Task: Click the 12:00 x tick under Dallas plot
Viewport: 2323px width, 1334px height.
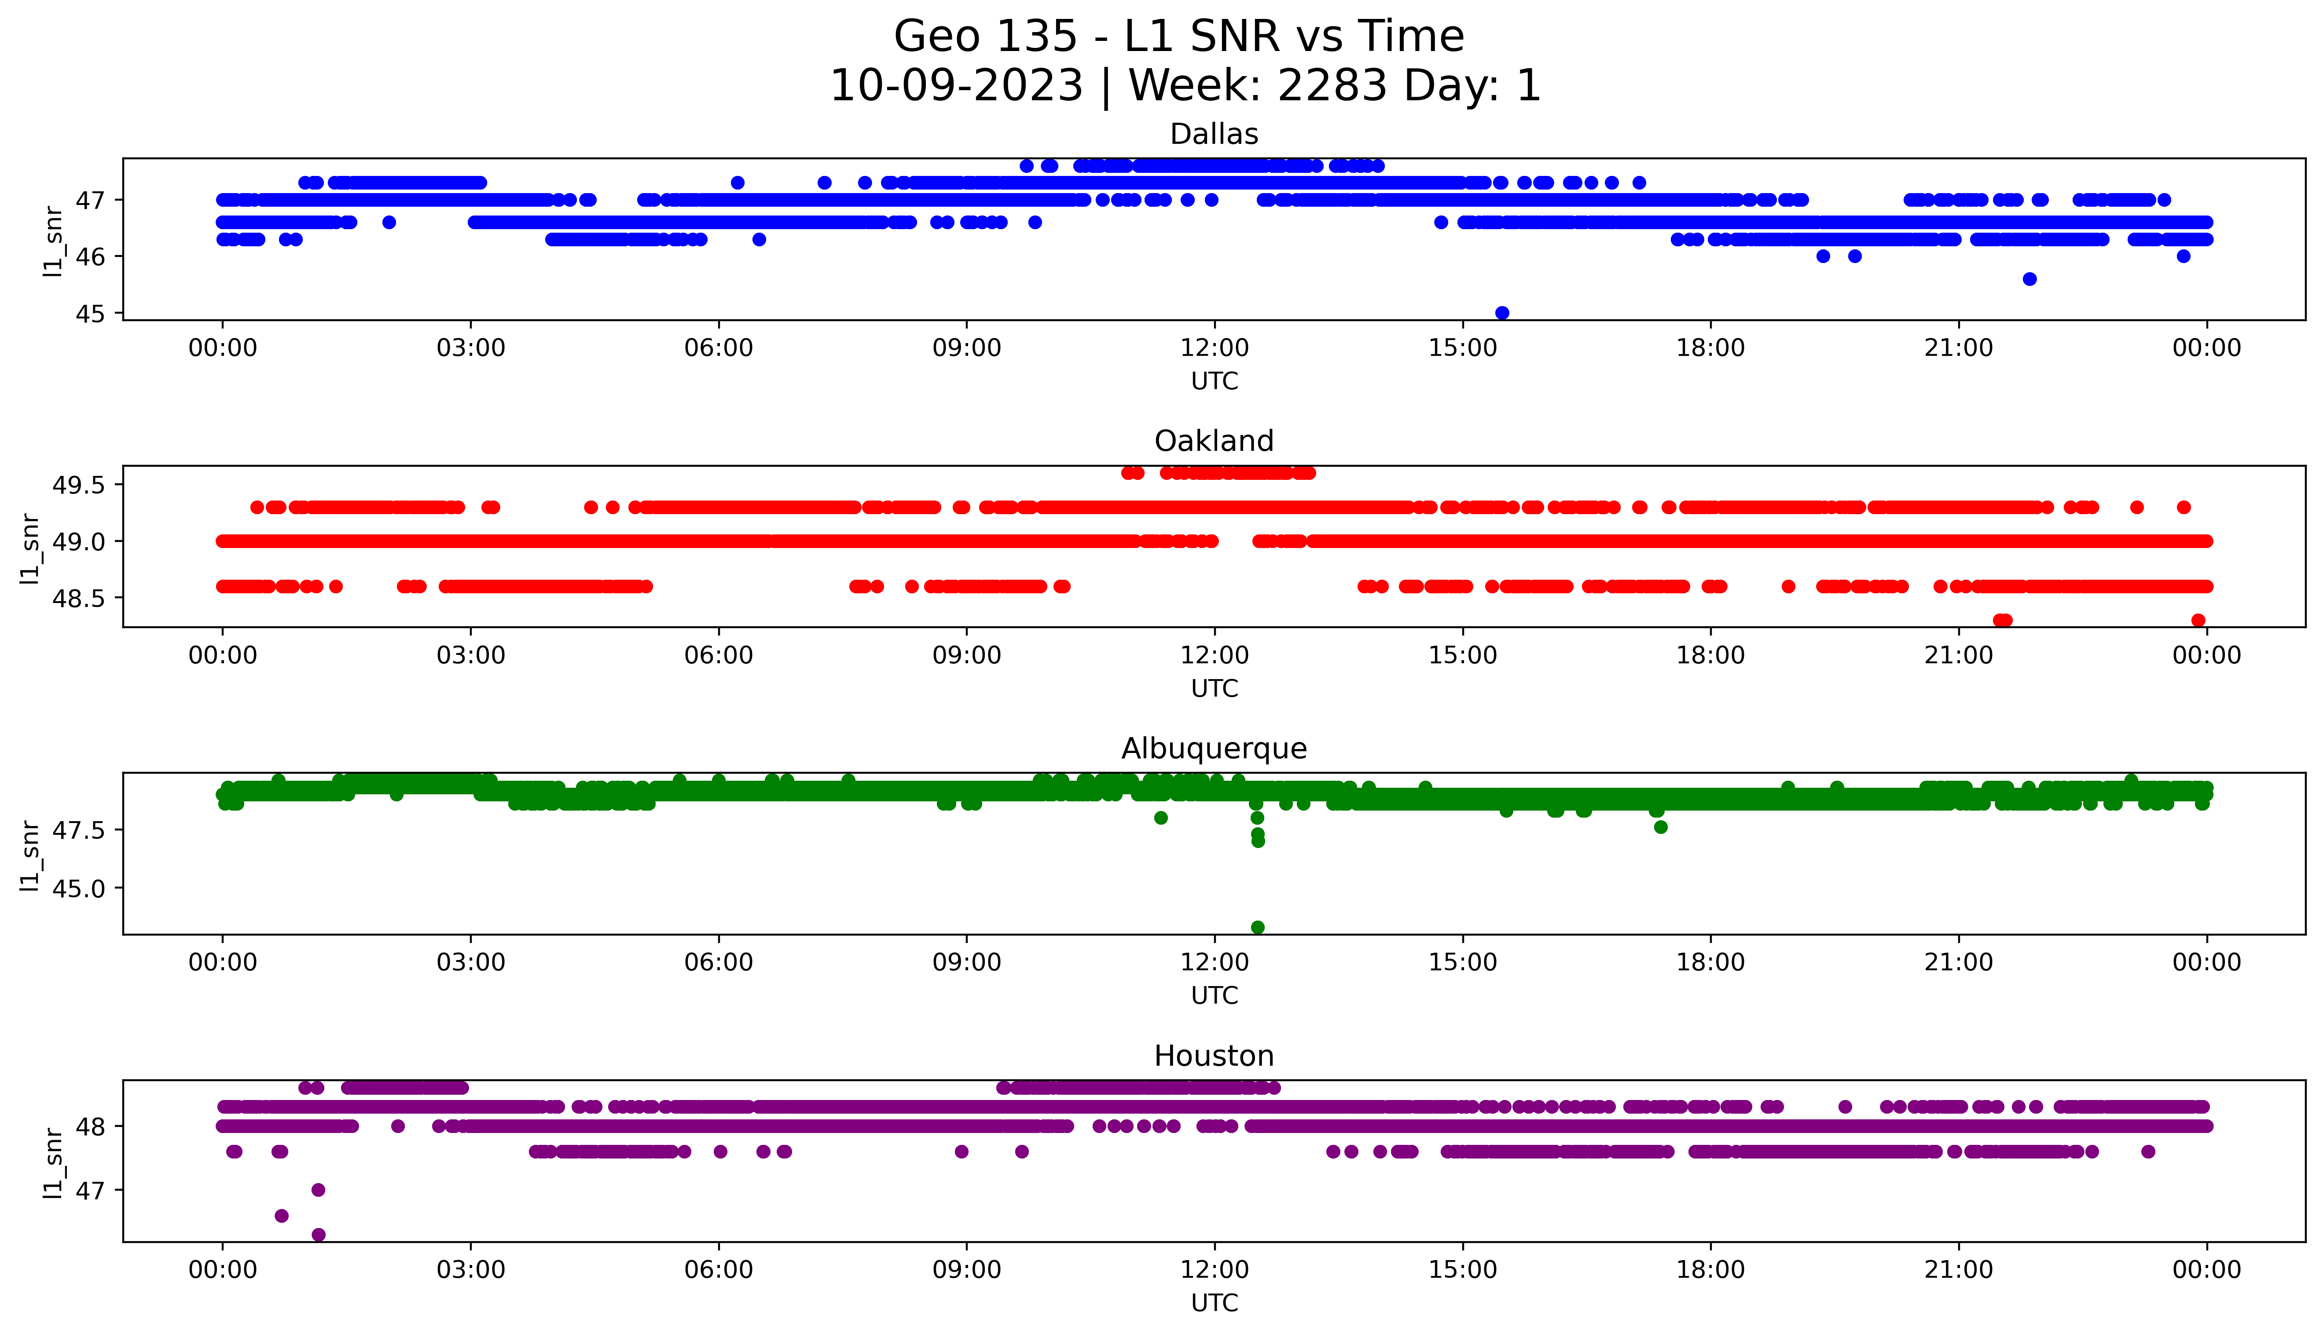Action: point(1214,348)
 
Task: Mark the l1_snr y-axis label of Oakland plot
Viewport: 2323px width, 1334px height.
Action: point(30,548)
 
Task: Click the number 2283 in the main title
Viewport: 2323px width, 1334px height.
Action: point(1332,86)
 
